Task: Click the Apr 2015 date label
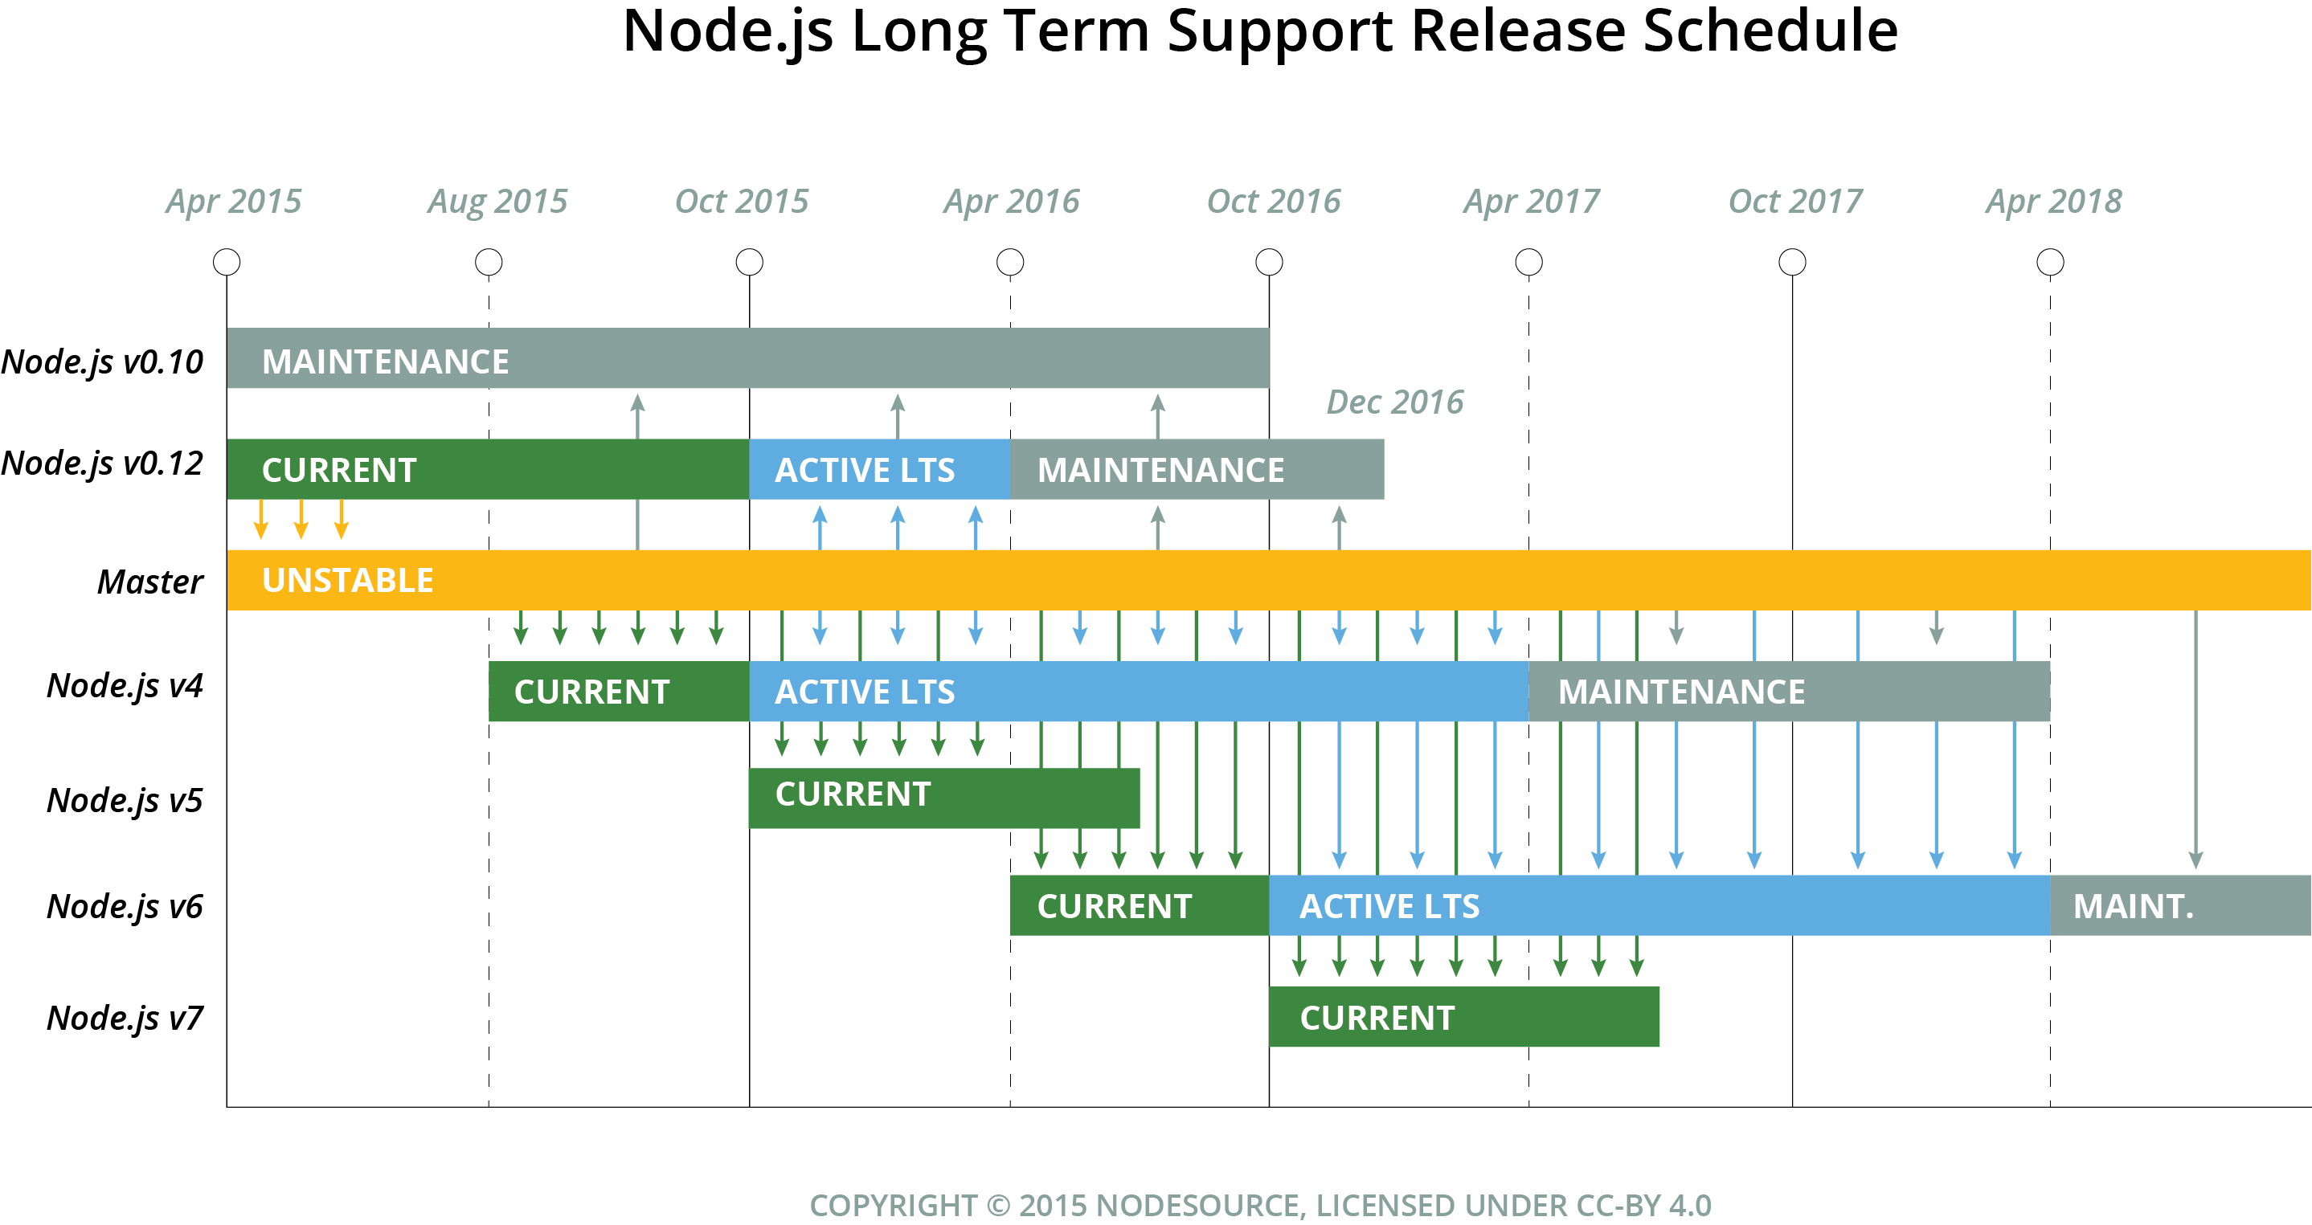click(x=233, y=202)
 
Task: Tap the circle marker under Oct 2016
click(x=1269, y=262)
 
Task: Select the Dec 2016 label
click(x=1395, y=402)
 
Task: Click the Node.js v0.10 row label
click(x=102, y=361)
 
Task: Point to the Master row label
click(x=150, y=582)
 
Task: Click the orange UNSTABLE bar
click(x=1257, y=580)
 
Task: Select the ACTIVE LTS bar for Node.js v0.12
click(x=878, y=469)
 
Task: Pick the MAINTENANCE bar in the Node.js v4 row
click(x=1789, y=692)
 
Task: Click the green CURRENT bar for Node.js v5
click(x=943, y=798)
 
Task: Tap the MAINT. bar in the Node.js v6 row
click(x=2179, y=905)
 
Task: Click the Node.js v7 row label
click(x=125, y=1018)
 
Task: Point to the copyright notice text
click(x=1260, y=1205)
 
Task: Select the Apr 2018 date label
click(x=2053, y=202)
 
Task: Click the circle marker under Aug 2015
click(x=489, y=262)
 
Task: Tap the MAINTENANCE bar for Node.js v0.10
click(x=747, y=358)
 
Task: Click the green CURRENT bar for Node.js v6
click(x=1139, y=905)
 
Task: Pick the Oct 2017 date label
click(x=1795, y=202)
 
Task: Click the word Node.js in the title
click(x=728, y=31)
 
